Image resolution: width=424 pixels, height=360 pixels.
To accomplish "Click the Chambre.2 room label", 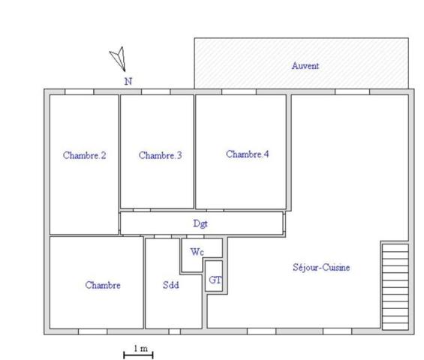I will pos(84,156).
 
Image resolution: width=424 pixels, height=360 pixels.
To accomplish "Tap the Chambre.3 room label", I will pos(160,156).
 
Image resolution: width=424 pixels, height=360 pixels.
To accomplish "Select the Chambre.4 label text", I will pos(247,154).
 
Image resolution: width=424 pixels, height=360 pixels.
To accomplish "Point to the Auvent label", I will pos(305,66).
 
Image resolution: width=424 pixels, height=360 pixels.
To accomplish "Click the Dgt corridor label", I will pos(200,223).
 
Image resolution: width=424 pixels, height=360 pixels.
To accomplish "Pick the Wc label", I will pos(197,252).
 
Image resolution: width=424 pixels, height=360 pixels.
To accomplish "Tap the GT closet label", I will pos(215,279).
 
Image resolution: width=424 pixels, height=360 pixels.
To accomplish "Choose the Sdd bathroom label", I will pos(170,285).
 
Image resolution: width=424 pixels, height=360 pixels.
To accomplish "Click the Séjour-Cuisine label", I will pos(321,268).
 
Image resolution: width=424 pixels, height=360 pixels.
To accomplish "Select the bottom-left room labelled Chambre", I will pos(103,285).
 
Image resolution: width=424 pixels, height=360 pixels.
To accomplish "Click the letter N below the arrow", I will pos(128,81).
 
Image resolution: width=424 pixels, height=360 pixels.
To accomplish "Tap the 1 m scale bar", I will pos(138,353).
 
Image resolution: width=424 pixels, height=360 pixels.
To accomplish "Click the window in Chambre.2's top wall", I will pos(80,91).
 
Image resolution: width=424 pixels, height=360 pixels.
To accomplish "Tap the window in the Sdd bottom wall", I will pos(174,331).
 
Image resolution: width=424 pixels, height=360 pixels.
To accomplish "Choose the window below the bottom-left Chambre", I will pos(93,331).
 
